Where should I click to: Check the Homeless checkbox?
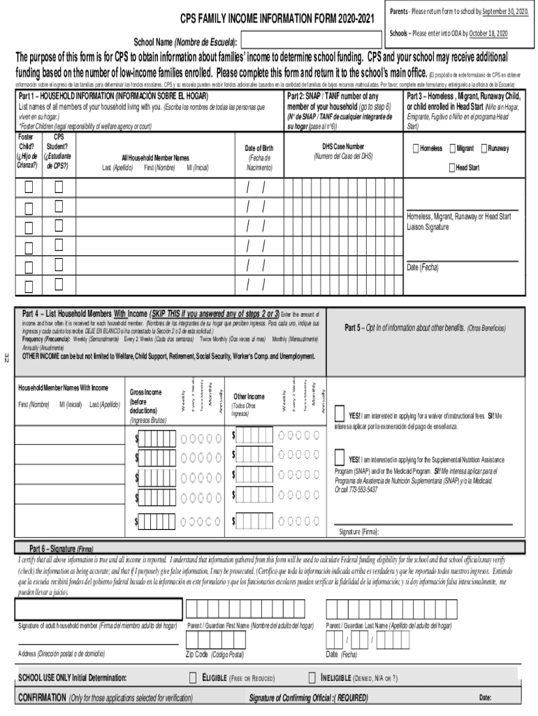point(416,149)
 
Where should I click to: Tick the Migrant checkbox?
point(451,149)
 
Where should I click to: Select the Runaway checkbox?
point(484,149)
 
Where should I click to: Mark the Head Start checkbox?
point(451,168)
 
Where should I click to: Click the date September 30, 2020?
point(501,12)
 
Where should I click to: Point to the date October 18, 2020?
point(489,33)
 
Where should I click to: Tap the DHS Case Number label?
point(342,147)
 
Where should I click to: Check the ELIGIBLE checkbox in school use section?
point(194,678)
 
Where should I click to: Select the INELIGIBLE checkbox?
point(312,678)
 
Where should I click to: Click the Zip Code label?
point(215,654)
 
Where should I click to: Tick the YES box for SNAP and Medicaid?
point(340,459)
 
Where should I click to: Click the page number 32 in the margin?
point(7,359)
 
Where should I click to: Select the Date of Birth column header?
point(259,149)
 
